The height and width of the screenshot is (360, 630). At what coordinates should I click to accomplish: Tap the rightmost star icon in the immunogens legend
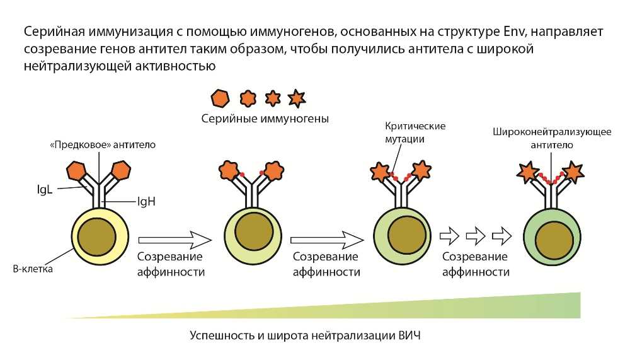tap(296, 98)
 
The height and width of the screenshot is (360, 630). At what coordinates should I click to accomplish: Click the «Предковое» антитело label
tap(103, 145)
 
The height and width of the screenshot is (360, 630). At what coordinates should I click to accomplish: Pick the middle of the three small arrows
tap(474, 237)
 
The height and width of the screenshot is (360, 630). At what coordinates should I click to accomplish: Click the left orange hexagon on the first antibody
tap(76, 170)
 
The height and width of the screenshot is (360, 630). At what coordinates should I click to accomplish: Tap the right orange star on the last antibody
tap(573, 171)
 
